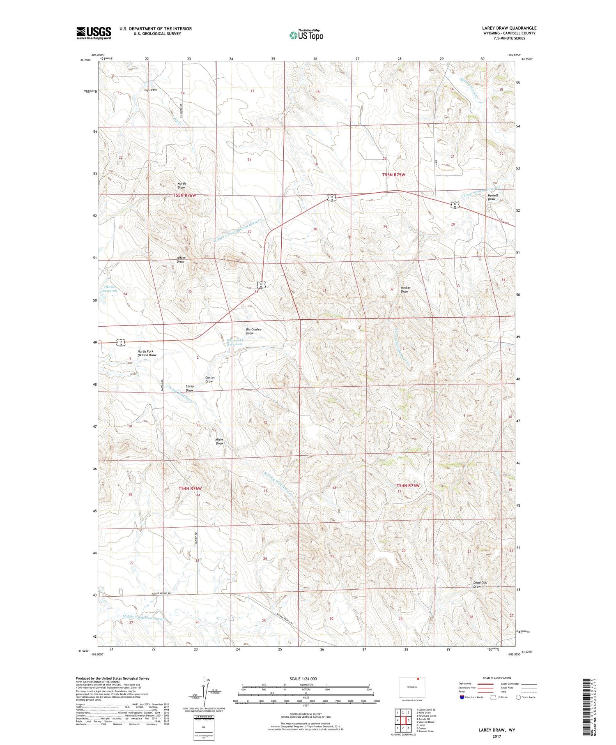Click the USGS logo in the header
(94, 33)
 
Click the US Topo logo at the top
(306, 35)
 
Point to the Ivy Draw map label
(150, 90)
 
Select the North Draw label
(181, 185)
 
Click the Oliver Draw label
(181, 260)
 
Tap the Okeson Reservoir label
(110, 288)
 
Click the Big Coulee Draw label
(253, 331)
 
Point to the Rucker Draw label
(406, 290)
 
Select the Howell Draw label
(492, 197)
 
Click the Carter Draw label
(209, 379)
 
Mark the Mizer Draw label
(219, 441)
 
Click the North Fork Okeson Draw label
(147, 353)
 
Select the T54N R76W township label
(190, 488)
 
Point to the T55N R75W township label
(393, 175)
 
